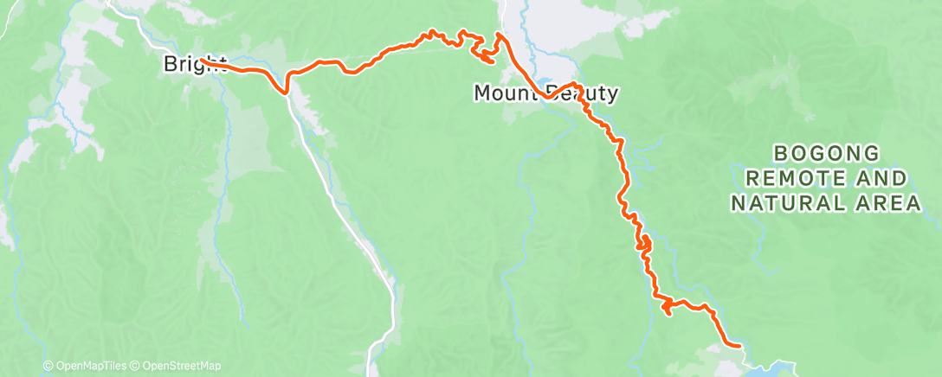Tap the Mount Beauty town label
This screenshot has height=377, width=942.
pos(545,93)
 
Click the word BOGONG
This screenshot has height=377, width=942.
pos(826,155)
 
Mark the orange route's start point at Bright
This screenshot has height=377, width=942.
pos(201,60)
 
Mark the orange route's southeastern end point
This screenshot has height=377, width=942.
pos(740,345)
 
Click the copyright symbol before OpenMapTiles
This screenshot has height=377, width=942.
pos(48,367)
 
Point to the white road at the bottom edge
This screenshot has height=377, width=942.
pos(373,363)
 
